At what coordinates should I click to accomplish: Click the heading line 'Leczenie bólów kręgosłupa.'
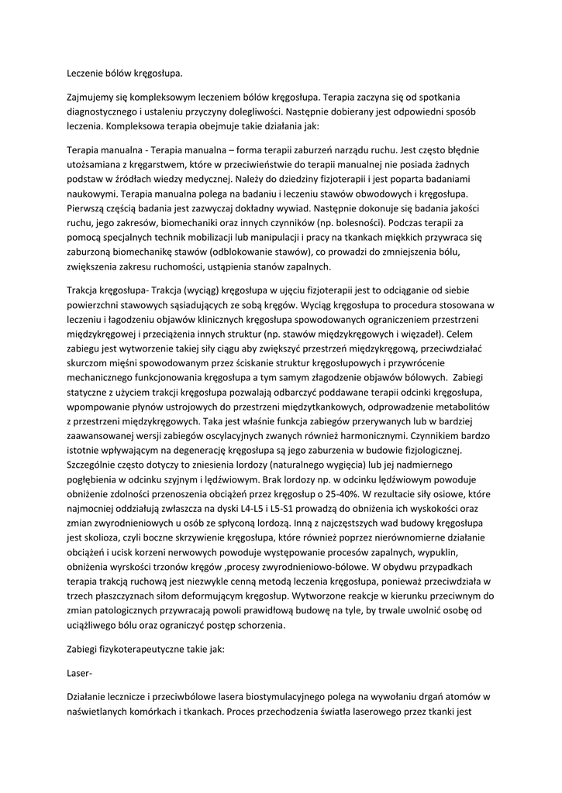click(x=125, y=74)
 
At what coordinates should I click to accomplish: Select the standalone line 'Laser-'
click(x=80, y=675)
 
